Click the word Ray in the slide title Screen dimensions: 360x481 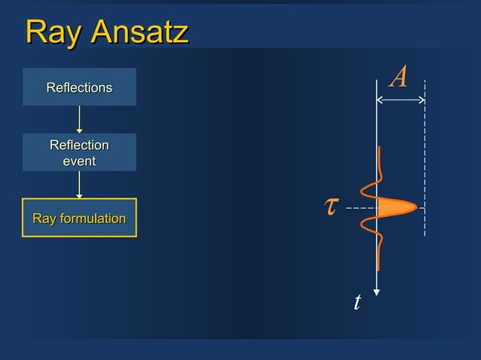[x=54, y=32]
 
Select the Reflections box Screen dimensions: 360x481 [x=79, y=87]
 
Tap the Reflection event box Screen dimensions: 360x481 [x=79, y=152]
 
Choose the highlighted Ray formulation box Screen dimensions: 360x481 [x=79, y=218]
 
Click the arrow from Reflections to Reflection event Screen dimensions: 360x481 [x=79, y=119]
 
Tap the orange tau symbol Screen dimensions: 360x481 [x=330, y=206]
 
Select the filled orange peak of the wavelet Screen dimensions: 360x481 [x=395, y=207]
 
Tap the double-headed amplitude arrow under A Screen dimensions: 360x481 [x=401, y=100]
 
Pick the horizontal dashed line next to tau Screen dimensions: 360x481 [x=360, y=207]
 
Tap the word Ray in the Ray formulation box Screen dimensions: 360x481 [x=44, y=219]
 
